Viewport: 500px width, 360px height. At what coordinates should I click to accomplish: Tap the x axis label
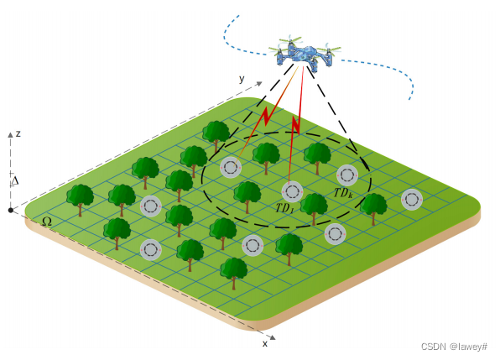265,343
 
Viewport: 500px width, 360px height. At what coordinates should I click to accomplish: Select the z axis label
18,133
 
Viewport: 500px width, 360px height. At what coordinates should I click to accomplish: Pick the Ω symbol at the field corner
47,222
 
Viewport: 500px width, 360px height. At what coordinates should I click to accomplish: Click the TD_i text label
284,206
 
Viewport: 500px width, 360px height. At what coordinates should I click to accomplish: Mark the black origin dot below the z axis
10,210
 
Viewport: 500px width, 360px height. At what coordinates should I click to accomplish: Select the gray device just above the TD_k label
347,175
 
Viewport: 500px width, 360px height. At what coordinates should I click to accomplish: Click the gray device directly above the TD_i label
291,190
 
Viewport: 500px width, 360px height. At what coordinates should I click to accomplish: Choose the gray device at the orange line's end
231,168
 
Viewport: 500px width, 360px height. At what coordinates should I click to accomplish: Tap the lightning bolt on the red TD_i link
295,126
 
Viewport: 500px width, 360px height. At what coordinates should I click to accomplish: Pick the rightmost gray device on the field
411,200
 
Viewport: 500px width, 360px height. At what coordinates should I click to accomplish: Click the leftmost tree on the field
81,199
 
